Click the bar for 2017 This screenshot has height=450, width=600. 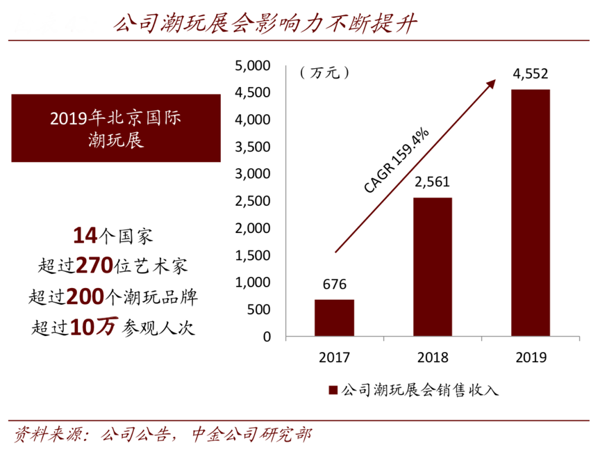[334, 318]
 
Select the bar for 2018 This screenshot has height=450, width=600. [433, 267]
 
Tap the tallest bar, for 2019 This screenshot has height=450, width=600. [531, 213]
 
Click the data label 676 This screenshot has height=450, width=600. [334, 284]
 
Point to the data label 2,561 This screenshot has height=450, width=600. [433, 183]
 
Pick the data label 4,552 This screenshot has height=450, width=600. [531, 74]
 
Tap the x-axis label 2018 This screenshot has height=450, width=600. [433, 358]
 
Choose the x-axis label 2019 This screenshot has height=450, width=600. [531, 358]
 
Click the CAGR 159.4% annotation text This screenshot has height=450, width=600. [397, 161]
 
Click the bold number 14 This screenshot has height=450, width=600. [84, 236]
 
